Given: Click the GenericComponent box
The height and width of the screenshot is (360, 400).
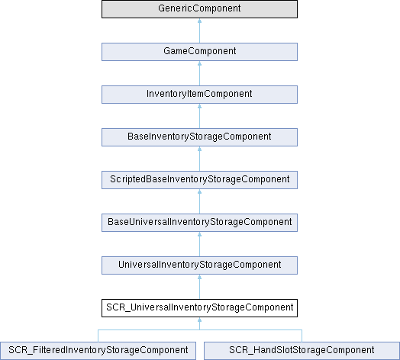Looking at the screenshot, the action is pyautogui.click(x=199, y=9).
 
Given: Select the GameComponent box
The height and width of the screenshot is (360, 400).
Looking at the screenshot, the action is pyautogui.click(x=199, y=52).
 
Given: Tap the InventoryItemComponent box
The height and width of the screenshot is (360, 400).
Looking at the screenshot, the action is pyautogui.click(x=199, y=95).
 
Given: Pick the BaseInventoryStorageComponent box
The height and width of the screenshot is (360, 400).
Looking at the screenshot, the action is pyautogui.click(x=199, y=137).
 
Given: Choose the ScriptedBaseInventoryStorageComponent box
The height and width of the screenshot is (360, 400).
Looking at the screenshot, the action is pyautogui.click(x=199, y=180).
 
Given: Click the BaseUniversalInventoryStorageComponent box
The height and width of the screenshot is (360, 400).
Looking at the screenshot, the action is pyautogui.click(x=199, y=223).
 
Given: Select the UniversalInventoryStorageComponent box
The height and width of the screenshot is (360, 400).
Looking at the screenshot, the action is pyautogui.click(x=199, y=265).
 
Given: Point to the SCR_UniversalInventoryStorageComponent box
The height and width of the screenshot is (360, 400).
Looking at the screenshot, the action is pyautogui.click(x=199, y=308).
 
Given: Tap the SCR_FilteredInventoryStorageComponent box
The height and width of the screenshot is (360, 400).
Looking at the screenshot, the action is pyautogui.click(x=98, y=351).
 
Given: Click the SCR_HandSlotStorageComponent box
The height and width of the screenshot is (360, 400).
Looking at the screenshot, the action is pyautogui.click(x=302, y=351).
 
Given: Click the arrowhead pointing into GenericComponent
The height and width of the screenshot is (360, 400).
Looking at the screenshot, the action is pyautogui.click(x=199, y=21).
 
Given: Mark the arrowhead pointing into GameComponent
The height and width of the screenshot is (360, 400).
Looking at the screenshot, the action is pyautogui.click(x=199, y=63).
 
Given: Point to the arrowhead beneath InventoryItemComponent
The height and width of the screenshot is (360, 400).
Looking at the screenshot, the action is pyautogui.click(x=199, y=106).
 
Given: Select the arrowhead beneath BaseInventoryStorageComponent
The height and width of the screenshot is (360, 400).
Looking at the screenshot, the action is pyautogui.click(x=199, y=149).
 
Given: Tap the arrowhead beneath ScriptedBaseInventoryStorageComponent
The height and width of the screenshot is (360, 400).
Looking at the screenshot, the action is pyautogui.click(x=199, y=191).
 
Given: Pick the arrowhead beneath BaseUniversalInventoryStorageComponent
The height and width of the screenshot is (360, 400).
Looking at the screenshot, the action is pyautogui.click(x=199, y=234).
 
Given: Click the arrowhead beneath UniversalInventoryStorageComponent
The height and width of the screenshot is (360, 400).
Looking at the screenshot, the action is pyautogui.click(x=199, y=277).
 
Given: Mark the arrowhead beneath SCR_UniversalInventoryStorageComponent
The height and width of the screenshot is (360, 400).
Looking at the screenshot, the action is pyautogui.click(x=199, y=320).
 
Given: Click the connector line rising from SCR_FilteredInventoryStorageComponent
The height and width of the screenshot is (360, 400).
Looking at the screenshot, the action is pyautogui.click(x=98, y=336).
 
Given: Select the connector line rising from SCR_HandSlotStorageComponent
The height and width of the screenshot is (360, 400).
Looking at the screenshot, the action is pyautogui.click(x=302, y=336).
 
